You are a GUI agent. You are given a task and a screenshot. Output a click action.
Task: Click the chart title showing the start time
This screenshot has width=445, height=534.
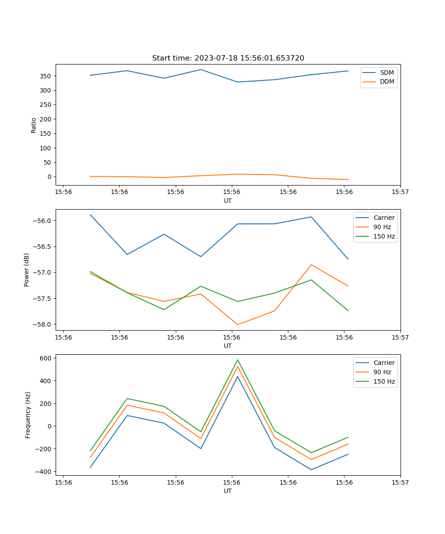(x=228, y=58)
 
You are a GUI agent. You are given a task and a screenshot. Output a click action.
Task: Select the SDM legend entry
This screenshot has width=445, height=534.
(x=387, y=73)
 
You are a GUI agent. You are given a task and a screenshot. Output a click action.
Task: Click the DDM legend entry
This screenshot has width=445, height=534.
(x=387, y=81)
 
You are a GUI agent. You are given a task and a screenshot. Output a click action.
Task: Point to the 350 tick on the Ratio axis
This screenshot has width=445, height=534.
(x=46, y=76)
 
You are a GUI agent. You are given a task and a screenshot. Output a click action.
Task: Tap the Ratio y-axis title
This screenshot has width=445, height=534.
(x=34, y=125)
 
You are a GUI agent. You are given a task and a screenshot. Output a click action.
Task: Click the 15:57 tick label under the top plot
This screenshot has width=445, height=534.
(x=400, y=192)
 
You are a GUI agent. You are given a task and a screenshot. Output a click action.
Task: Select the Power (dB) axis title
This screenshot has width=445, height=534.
(x=27, y=270)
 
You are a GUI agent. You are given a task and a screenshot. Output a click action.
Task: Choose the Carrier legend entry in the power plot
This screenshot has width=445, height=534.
(x=384, y=218)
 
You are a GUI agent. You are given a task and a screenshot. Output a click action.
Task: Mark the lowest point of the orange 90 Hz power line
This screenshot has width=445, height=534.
(x=238, y=324)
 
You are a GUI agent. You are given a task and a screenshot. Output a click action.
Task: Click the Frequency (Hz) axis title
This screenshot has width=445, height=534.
(x=28, y=415)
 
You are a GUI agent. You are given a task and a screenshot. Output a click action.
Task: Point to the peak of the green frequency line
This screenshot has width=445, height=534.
(x=238, y=360)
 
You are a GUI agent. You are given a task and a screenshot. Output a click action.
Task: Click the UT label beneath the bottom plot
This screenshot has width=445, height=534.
(x=228, y=491)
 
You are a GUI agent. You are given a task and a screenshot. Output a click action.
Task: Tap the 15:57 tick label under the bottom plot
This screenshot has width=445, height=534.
(x=400, y=482)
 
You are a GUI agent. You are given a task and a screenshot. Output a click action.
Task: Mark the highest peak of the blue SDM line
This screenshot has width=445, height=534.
(x=201, y=69)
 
